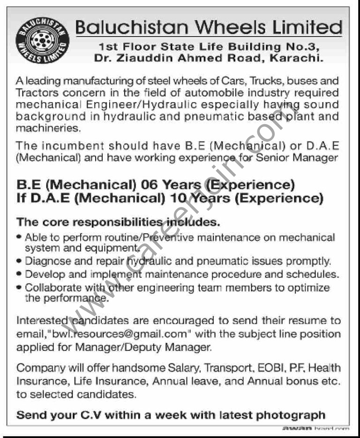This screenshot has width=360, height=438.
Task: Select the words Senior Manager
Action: point(295,158)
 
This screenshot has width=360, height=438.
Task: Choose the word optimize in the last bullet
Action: point(309,287)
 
